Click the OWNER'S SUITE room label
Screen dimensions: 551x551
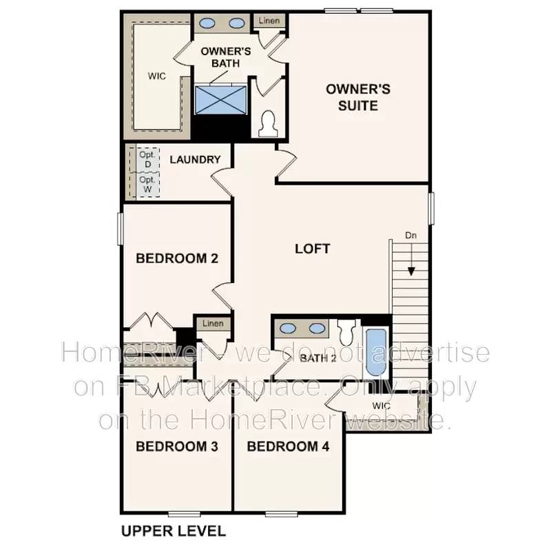coord(357,97)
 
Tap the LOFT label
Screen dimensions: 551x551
coord(312,249)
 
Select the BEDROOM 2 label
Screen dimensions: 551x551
coord(177,259)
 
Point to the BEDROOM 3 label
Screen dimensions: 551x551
coord(177,446)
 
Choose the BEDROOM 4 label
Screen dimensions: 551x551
coord(288,446)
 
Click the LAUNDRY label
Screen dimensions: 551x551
coord(195,160)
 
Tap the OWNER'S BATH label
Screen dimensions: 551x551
coord(220,58)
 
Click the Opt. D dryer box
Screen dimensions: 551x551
coord(147,160)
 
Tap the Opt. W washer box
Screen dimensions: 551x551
coord(147,183)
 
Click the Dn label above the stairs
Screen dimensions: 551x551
coord(411,236)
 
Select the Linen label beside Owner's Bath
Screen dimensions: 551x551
coord(269,21)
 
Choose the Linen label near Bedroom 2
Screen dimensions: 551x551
coord(213,324)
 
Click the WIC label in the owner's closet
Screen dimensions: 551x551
coord(157,76)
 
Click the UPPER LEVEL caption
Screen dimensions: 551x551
coord(173,531)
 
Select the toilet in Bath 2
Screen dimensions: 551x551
coord(346,331)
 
